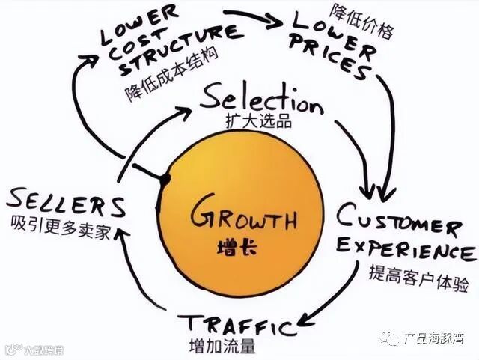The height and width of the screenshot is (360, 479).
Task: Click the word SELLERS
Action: [66, 204]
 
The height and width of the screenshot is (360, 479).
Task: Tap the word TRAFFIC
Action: [236, 325]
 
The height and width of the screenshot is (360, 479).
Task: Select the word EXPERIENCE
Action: [405, 249]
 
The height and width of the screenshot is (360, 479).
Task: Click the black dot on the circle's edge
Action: [165, 179]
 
